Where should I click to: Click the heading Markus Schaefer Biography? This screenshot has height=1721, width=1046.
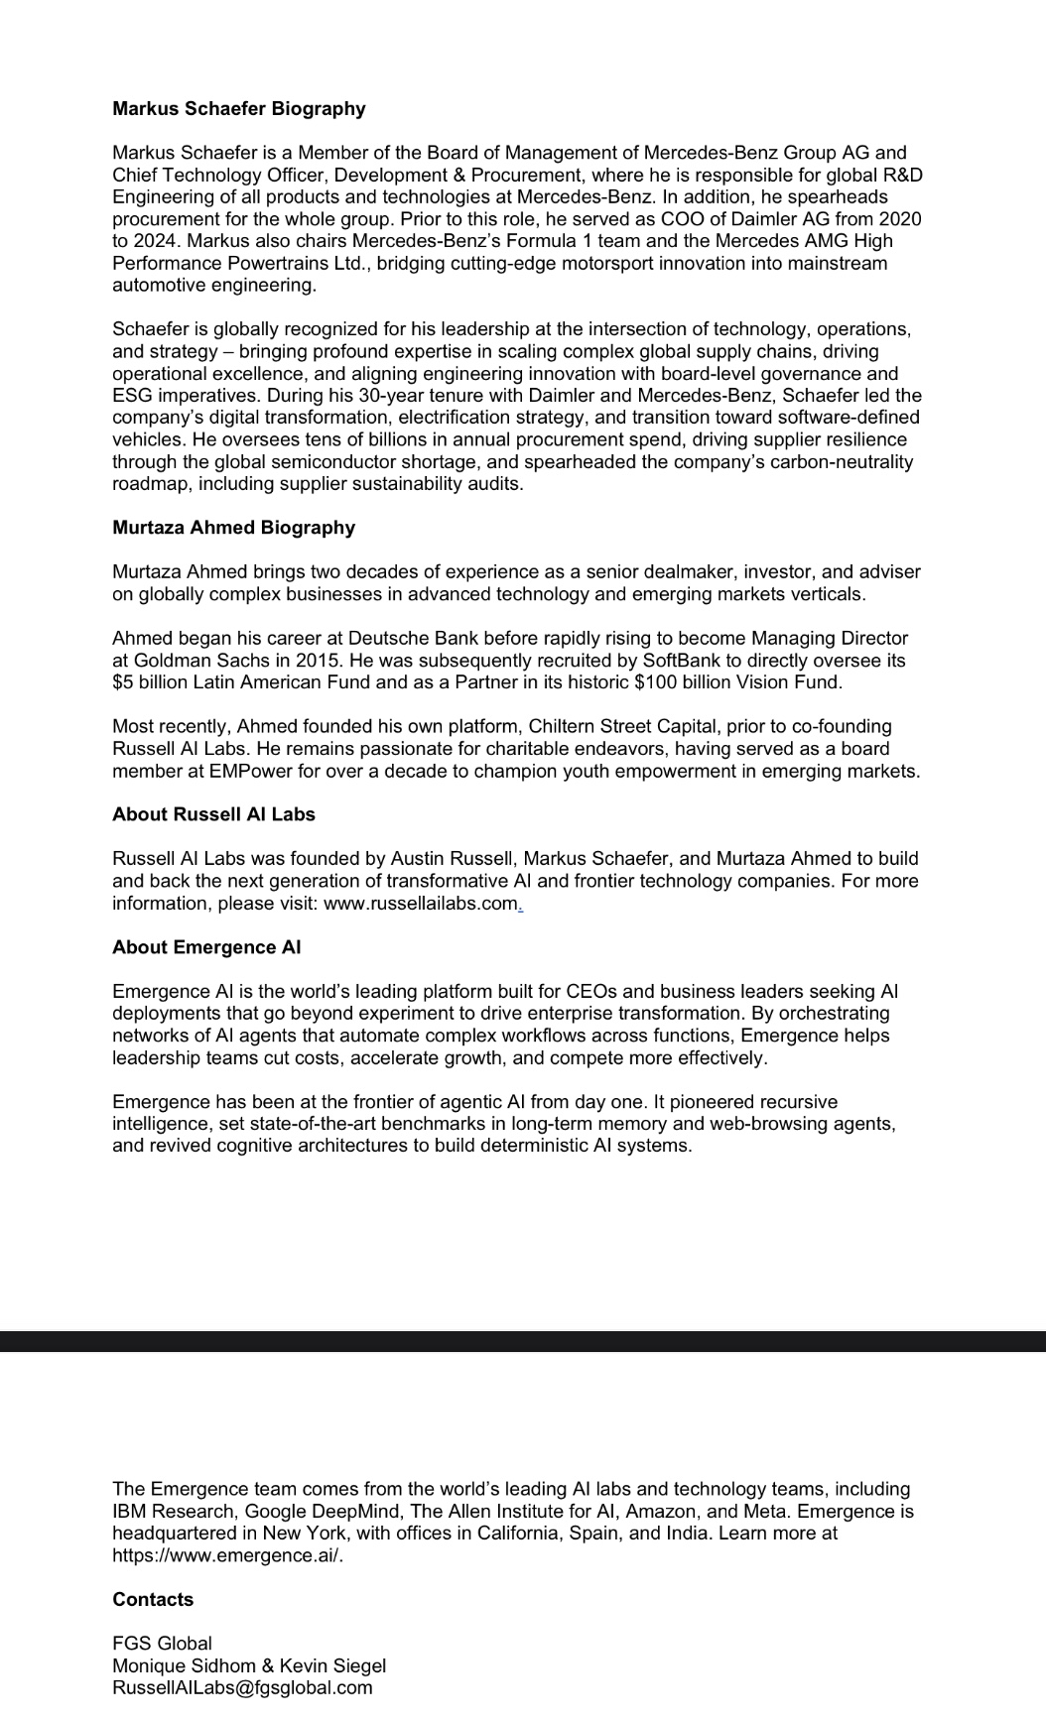coord(238,109)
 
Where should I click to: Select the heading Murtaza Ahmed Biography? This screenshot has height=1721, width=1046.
coord(233,528)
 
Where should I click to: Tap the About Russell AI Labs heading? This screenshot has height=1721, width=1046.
coord(213,814)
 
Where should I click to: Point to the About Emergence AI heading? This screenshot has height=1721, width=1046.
coord(206,947)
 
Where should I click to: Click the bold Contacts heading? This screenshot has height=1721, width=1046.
coord(153,1599)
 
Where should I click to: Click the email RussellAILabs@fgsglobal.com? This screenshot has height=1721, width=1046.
coord(242,1687)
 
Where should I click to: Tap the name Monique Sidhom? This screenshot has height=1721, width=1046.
coord(184,1665)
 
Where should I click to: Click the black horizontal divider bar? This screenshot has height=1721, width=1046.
coord(523,1341)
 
